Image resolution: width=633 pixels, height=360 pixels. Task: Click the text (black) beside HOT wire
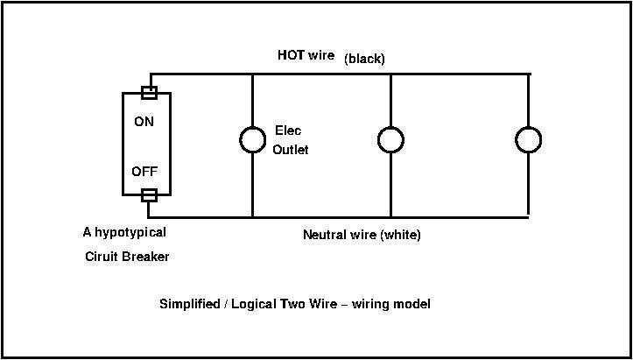click(365, 59)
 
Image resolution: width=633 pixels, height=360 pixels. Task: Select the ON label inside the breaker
click(144, 122)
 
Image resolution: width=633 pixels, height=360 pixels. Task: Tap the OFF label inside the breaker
click(144, 172)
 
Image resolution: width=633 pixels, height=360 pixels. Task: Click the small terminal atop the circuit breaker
click(149, 90)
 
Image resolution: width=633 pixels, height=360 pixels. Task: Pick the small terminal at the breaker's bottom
click(149, 195)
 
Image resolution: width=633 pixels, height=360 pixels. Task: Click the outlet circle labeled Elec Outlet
click(252, 139)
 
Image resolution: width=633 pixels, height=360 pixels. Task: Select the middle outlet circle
click(390, 139)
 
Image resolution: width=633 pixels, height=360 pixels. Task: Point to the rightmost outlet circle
click(528, 139)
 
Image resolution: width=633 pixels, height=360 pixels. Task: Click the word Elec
click(288, 130)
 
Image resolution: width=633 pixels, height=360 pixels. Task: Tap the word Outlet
click(290, 150)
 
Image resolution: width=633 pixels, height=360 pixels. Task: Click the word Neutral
click(323, 235)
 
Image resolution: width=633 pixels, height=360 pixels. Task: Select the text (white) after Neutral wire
click(399, 235)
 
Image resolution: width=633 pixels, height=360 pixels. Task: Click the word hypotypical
click(130, 233)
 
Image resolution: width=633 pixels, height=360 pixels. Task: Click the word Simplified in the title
click(188, 305)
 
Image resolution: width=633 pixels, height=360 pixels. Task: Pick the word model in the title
click(412, 305)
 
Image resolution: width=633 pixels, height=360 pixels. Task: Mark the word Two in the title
click(292, 305)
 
